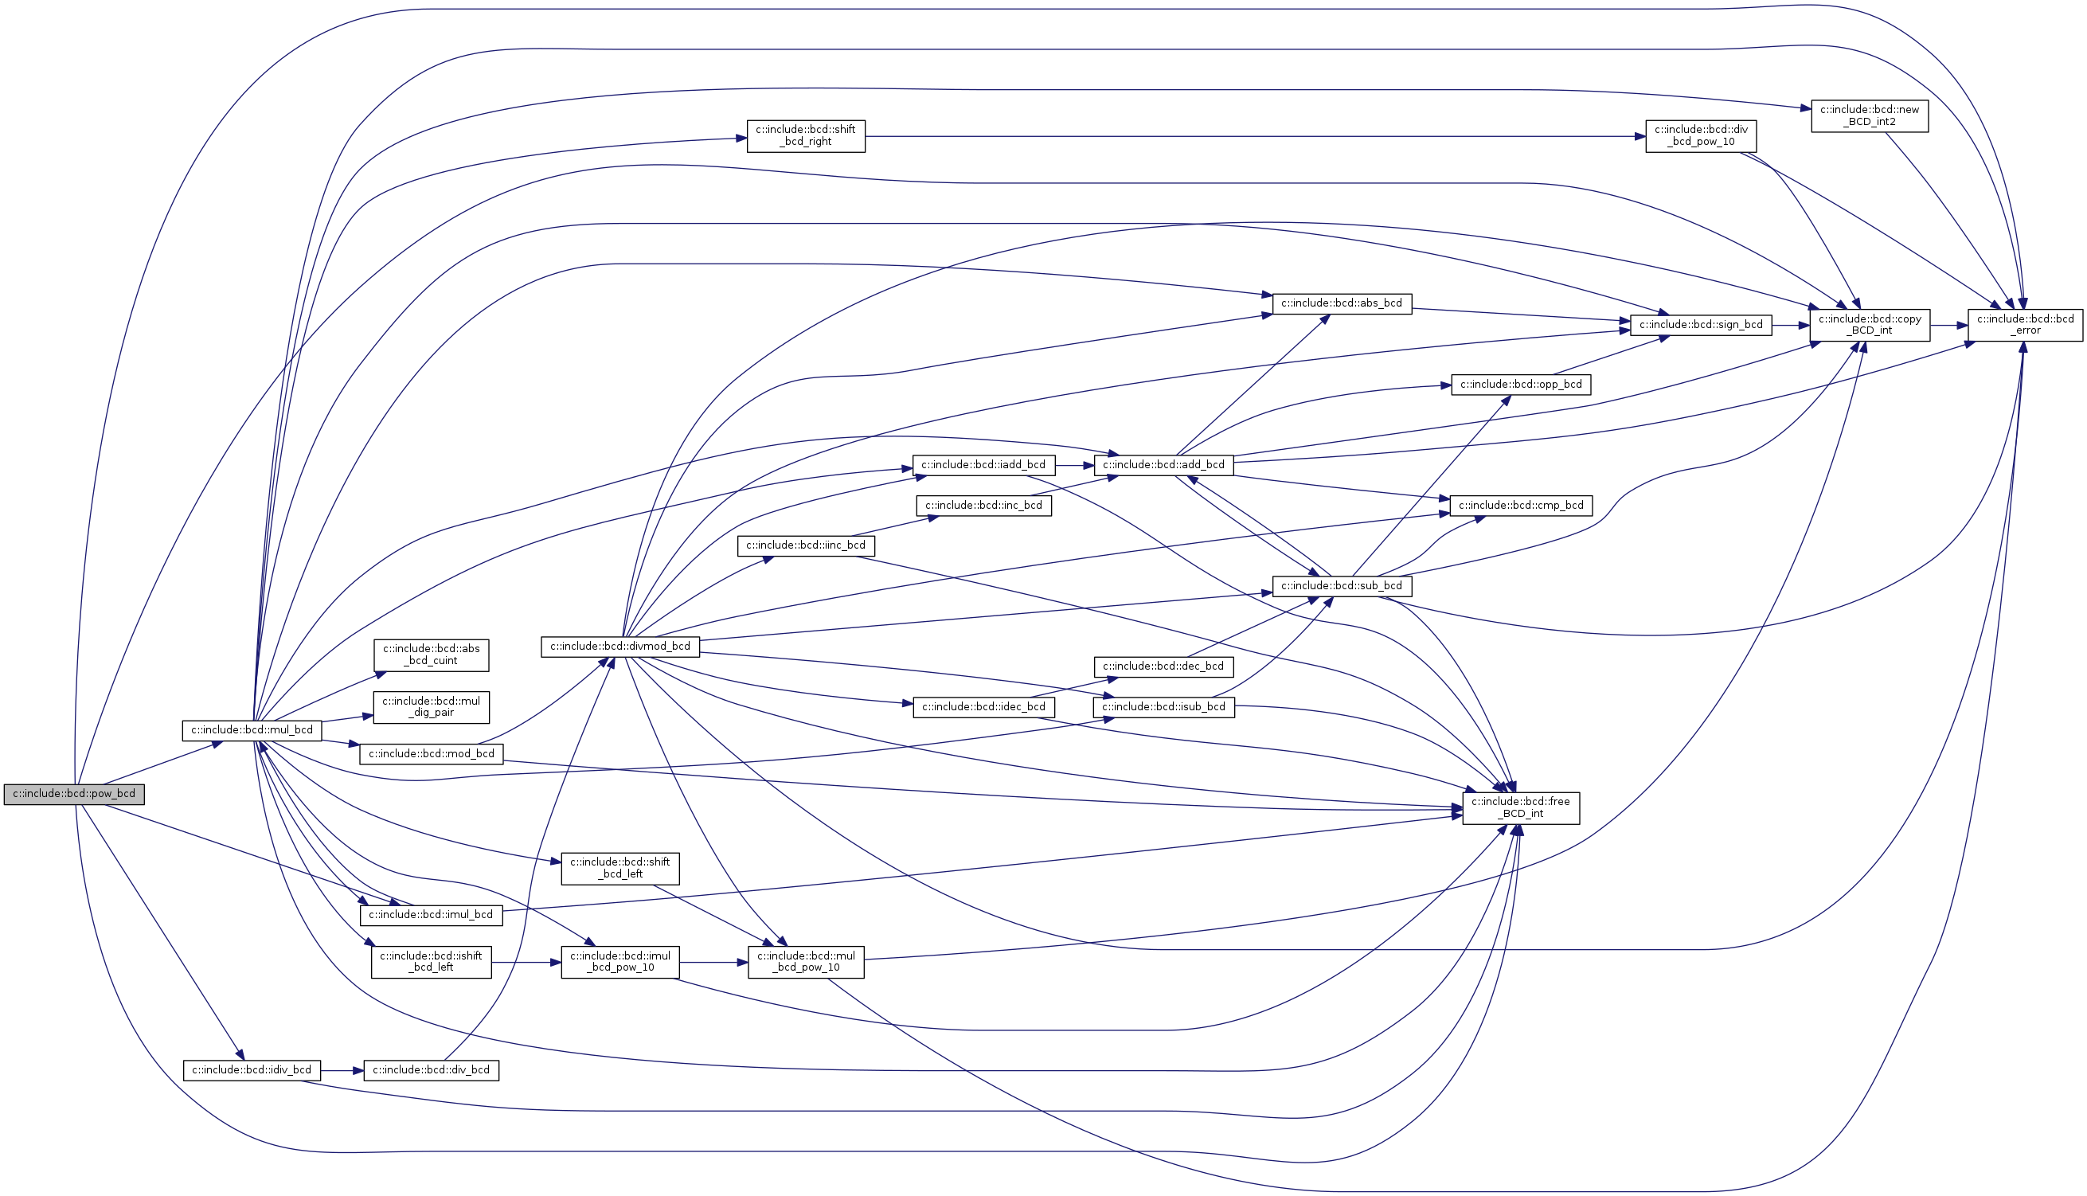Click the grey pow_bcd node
74,795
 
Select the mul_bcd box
252,730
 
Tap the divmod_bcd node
620,647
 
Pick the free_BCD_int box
1520,807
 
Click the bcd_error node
2025,324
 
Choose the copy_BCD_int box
1870,324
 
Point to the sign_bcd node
1700,324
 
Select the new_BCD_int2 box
1870,115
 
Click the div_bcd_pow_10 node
1700,135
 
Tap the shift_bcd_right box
805,135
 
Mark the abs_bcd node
1341,303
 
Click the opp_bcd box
1520,385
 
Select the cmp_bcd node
1520,505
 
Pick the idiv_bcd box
252,1070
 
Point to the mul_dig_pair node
432,706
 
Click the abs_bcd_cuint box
432,655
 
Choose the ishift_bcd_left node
432,961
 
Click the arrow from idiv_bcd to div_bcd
342,1070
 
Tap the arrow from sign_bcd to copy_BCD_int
1791,324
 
